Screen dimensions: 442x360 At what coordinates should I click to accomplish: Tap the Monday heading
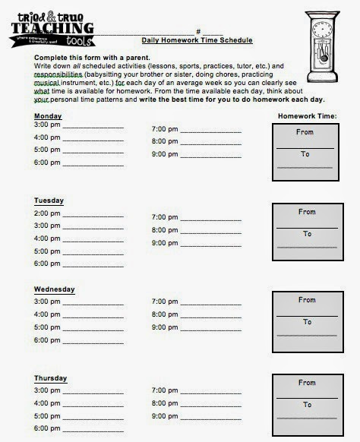pos(48,116)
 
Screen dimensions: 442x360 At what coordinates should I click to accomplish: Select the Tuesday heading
pos(49,200)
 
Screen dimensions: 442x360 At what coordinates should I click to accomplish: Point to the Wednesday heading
pos(55,289)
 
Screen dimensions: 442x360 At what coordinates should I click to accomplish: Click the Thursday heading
pos(51,378)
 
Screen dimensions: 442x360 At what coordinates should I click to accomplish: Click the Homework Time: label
pos(309,116)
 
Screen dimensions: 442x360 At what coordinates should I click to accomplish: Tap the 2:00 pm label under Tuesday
pos(47,213)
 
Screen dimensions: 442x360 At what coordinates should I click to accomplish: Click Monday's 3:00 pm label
pos(47,125)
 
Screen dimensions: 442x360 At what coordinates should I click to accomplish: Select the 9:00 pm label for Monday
pos(165,155)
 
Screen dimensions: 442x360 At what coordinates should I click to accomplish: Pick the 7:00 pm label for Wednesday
pos(165,302)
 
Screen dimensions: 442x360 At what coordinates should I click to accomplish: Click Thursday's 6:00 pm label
pos(47,429)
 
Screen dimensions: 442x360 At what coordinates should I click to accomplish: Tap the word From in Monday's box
pos(305,131)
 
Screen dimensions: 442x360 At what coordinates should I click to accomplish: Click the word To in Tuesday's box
pos(306,234)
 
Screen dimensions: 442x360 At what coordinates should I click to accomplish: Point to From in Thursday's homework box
pos(306,383)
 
